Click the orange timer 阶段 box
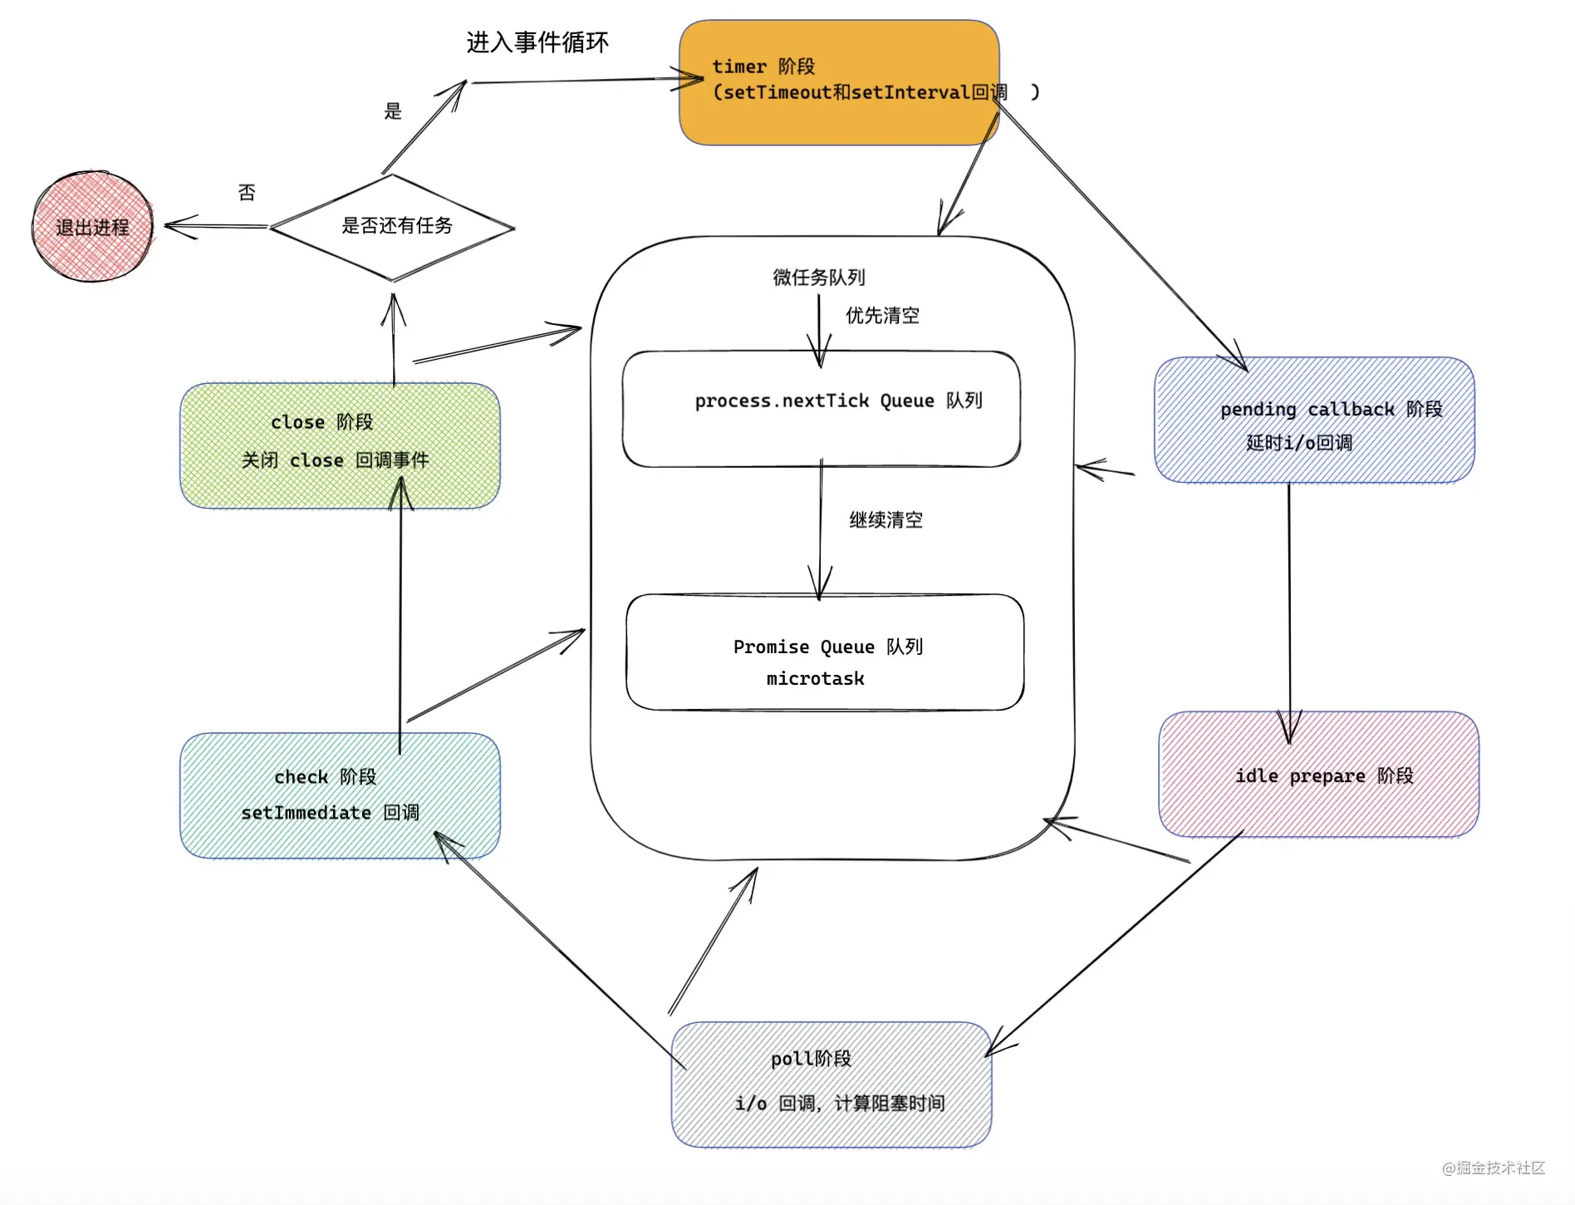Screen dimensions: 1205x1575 pyautogui.click(x=838, y=83)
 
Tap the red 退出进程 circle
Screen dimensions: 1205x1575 pyautogui.click(x=92, y=227)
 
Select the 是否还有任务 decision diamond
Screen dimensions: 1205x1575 pyautogui.click(x=393, y=227)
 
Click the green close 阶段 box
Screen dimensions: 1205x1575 pyautogui.click(x=339, y=445)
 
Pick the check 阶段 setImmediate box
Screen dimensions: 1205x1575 pyautogui.click(x=339, y=795)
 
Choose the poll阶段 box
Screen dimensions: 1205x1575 pyautogui.click(x=831, y=1084)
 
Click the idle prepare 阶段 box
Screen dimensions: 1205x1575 pyautogui.click(x=1318, y=775)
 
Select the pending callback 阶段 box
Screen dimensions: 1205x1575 pyautogui.click(x=1314, y=420)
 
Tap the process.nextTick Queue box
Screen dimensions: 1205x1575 pyautogui.click(x=821, y=409)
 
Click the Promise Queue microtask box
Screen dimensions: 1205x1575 pyautogui.click(x=824, y=652)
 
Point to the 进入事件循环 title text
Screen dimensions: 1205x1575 pyautogui.click(x=537, y=42)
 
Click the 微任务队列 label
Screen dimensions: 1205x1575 pyautogui.click(x=818, y=278)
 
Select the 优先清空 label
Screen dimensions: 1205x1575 pyautogui.click(x=882, y=316)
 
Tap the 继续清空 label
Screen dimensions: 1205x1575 pyautogui.click(x=886, y=520)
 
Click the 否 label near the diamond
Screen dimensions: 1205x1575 pyautogui.click(x=247, y=193)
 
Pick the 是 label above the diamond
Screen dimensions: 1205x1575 pyautogui.click(x=393, y=111)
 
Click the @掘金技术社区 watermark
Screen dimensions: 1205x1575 pyautogui.click(x=1493, y=1168)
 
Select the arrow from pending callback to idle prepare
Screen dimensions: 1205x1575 pyautogui.click(x=1289, y=598)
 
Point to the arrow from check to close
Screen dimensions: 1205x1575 pyautogui.click(x=400, y=615)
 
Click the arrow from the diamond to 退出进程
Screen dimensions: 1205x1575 pyautogui.click(x=216, y=226)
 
